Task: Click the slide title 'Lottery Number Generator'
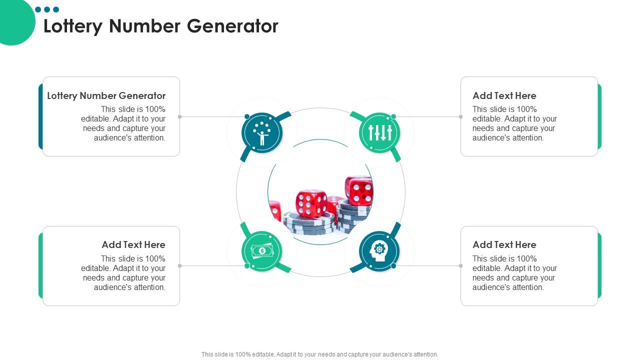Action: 160,26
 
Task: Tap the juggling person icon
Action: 262,132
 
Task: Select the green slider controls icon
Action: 379,132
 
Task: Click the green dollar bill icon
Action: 262,251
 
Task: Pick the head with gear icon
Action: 379,251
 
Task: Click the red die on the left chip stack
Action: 311,203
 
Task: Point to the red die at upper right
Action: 359,190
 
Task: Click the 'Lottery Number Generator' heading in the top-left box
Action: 106,95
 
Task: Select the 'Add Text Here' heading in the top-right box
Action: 504,95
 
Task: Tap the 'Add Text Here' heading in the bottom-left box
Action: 133,244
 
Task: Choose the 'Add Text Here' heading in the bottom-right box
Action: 504,244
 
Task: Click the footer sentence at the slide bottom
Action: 320,354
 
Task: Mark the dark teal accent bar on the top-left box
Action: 40,116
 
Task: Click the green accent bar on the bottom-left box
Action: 40,265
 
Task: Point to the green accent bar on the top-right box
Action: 599,116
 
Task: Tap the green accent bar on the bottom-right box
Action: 599,265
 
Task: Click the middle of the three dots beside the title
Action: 47,9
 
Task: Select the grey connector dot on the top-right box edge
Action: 460,117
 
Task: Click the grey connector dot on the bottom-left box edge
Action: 180,266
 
